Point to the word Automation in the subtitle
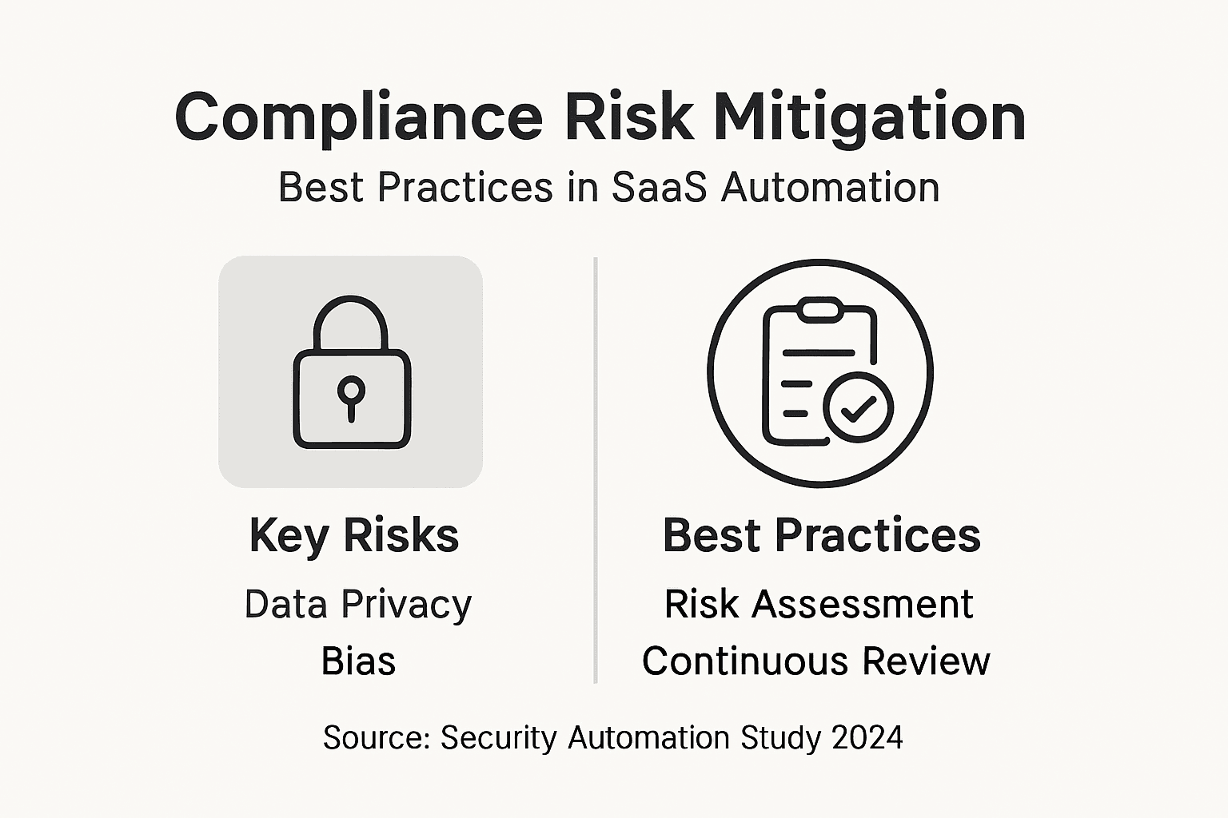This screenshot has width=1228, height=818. tap(830, 188)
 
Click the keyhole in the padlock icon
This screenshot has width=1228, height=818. tap(351, 398)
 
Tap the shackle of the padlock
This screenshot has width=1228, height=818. tap(351, 324)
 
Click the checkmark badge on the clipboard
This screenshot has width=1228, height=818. tap(858, 407)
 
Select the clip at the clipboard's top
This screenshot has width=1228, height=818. tap(819, 310)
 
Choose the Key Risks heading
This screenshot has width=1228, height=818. tap(354, 535)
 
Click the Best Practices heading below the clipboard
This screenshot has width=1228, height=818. tap(821, 534)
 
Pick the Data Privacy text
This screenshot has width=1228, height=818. tap(358, 605)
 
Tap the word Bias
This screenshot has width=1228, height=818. tap(358, 661)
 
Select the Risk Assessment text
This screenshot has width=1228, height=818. tap(819, 604)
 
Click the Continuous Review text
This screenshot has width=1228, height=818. tap(816, 661)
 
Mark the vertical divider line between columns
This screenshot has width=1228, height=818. tap(596, 470)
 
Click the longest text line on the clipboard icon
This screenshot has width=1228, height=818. tap(819, 353)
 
